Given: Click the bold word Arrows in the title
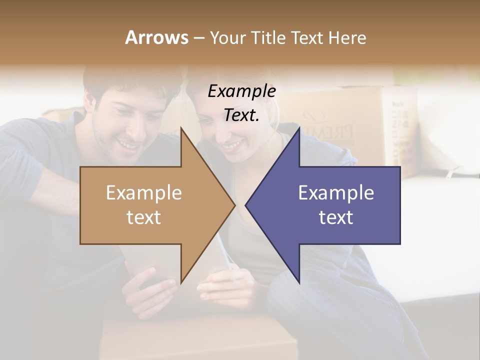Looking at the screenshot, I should coord(156,37).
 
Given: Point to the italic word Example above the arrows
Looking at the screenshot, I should coord(241,91).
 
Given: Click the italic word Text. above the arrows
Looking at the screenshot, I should coord(241,115).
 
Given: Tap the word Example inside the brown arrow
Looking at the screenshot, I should coord(144,193).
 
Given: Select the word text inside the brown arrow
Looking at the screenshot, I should coord(144,217).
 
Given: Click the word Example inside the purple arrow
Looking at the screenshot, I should coord(336,193).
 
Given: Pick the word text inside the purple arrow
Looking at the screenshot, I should coord(336,217).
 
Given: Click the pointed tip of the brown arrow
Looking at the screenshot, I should coord(234,205).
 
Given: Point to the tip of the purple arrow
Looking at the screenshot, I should coord(246,205).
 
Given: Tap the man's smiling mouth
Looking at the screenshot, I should coord(131,145).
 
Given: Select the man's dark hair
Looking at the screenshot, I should coord(130,80).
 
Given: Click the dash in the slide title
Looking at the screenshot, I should coord(198,38).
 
